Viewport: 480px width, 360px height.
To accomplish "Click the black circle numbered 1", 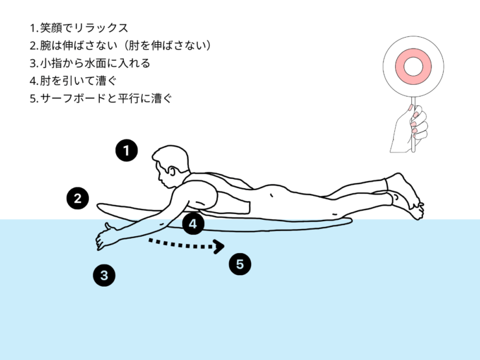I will coord(126,150).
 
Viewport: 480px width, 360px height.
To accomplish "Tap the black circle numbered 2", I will coord(78,198).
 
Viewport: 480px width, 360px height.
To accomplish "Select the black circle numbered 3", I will coord(104,275).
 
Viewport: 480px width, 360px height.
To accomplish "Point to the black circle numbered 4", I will coord(193,224).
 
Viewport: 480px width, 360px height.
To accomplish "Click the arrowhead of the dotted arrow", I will coord(220,246).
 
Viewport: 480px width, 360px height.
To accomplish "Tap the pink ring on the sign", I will coord(412,66).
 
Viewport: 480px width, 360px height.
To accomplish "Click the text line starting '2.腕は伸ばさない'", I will coord(120,45).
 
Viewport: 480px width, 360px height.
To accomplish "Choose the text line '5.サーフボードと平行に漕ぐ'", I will coord(101,100).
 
